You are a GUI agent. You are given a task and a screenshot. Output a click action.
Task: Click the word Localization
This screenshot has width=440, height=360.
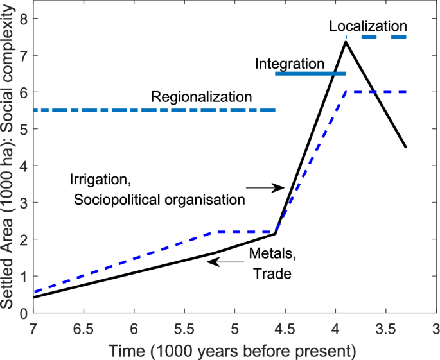point(367,26)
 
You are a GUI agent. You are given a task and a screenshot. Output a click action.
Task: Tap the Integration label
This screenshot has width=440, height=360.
point(289,64)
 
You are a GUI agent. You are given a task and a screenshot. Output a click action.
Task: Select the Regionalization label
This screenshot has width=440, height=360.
point(201,98)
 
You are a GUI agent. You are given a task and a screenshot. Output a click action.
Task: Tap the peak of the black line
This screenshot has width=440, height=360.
point(346,42)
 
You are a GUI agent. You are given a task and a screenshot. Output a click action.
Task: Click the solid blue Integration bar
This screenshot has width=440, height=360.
point(310,74)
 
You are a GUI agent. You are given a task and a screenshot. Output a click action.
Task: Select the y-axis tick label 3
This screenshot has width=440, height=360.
point(22,203)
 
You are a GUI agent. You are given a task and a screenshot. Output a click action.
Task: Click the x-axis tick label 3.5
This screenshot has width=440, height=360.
point(385,329)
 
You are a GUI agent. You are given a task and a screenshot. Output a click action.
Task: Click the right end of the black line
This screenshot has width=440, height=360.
point(405,147)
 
